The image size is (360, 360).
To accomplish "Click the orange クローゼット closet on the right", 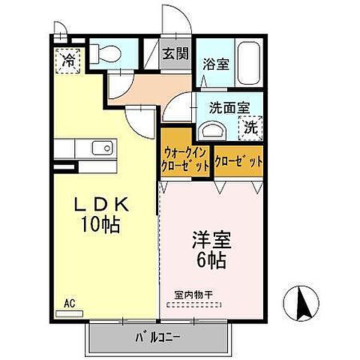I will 239,161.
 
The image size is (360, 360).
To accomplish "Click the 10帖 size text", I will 102,224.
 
